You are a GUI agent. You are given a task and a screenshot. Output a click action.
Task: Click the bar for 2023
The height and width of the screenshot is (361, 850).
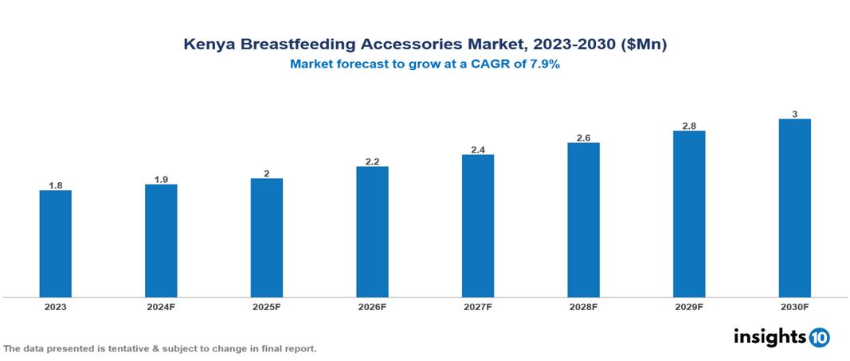pyautogui.click(x=56, y=243)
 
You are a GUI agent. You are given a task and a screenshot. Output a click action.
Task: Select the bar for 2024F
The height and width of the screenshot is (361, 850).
pyautogui.click(x=161, y=241)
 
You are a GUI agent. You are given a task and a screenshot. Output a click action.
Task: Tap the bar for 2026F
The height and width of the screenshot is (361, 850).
pyautogui.click(x=372, y=231)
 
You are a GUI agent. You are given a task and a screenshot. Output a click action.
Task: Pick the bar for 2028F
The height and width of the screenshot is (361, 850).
pyautogui.click(x=583, y=219)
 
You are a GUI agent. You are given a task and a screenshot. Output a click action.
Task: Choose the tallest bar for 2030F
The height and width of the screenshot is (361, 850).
pyautogui.click(x=794, y=208)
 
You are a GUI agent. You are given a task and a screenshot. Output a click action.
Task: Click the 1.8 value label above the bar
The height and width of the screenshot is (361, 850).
pyautogui.click(x=56, y=185)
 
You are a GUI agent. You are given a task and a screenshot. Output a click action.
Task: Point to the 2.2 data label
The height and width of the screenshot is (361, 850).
pyautogui.click(x=372, y=161)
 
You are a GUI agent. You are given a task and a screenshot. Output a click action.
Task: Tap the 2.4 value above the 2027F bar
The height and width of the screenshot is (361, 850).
pyautogui.click(x=478, y=149)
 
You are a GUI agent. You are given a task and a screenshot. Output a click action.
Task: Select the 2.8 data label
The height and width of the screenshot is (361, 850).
pyautogui.click(x=689, y=126)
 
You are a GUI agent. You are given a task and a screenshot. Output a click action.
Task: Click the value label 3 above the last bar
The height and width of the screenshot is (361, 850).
pyautogui.click(x=794, y=114)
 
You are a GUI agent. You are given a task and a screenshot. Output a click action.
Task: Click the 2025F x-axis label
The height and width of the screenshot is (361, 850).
pyautogui.click(x=266, y=307)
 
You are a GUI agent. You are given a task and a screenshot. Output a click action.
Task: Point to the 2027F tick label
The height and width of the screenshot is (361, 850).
pyautogui.click(x=478, y=307)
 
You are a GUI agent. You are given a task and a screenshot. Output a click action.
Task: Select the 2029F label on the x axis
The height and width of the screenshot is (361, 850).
pyautogui.click(x=689, y=307)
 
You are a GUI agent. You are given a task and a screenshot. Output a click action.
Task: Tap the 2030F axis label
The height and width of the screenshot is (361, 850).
pyautogui.click(x=794, y=307)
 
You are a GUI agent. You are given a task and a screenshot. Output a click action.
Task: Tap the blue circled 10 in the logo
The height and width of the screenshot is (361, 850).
pyautogui.click(x=819, y=337)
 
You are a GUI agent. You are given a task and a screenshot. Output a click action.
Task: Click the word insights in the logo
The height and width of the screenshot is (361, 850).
pyautogui.click(x=770, y=336)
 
